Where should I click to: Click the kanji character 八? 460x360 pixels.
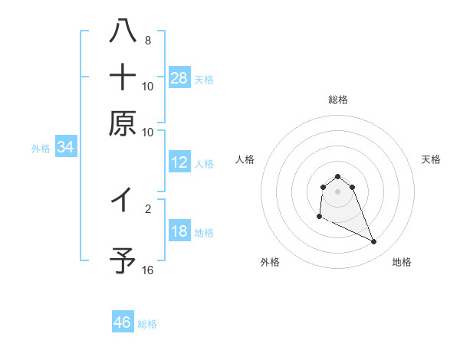coord(123,31)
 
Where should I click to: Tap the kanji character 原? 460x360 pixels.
coord(123,123)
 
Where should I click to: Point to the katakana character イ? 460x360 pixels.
coord(123,201)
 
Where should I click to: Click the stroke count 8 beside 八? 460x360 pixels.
coord(148,40)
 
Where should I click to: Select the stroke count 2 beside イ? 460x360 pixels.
coord(148,208)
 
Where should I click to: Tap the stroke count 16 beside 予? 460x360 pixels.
coord(148,270)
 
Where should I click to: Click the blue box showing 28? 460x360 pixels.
coord(179,77)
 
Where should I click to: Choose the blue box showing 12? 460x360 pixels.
coord(179,162)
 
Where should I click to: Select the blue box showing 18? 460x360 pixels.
coord(179,231)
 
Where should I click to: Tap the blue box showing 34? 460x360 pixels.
coord(65,148)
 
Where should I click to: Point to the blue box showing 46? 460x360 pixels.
coord(123,322)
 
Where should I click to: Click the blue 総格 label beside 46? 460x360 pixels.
coord(148,324)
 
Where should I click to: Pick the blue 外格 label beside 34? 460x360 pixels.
coord(41,149)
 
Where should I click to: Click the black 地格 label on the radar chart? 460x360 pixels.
coord(402,263)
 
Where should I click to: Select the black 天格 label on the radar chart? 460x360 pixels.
coord(431,159)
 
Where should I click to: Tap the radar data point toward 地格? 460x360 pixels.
coord(374,242)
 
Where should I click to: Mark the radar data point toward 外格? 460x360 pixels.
coord(319,217)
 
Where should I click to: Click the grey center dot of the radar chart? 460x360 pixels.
coord(337,191)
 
